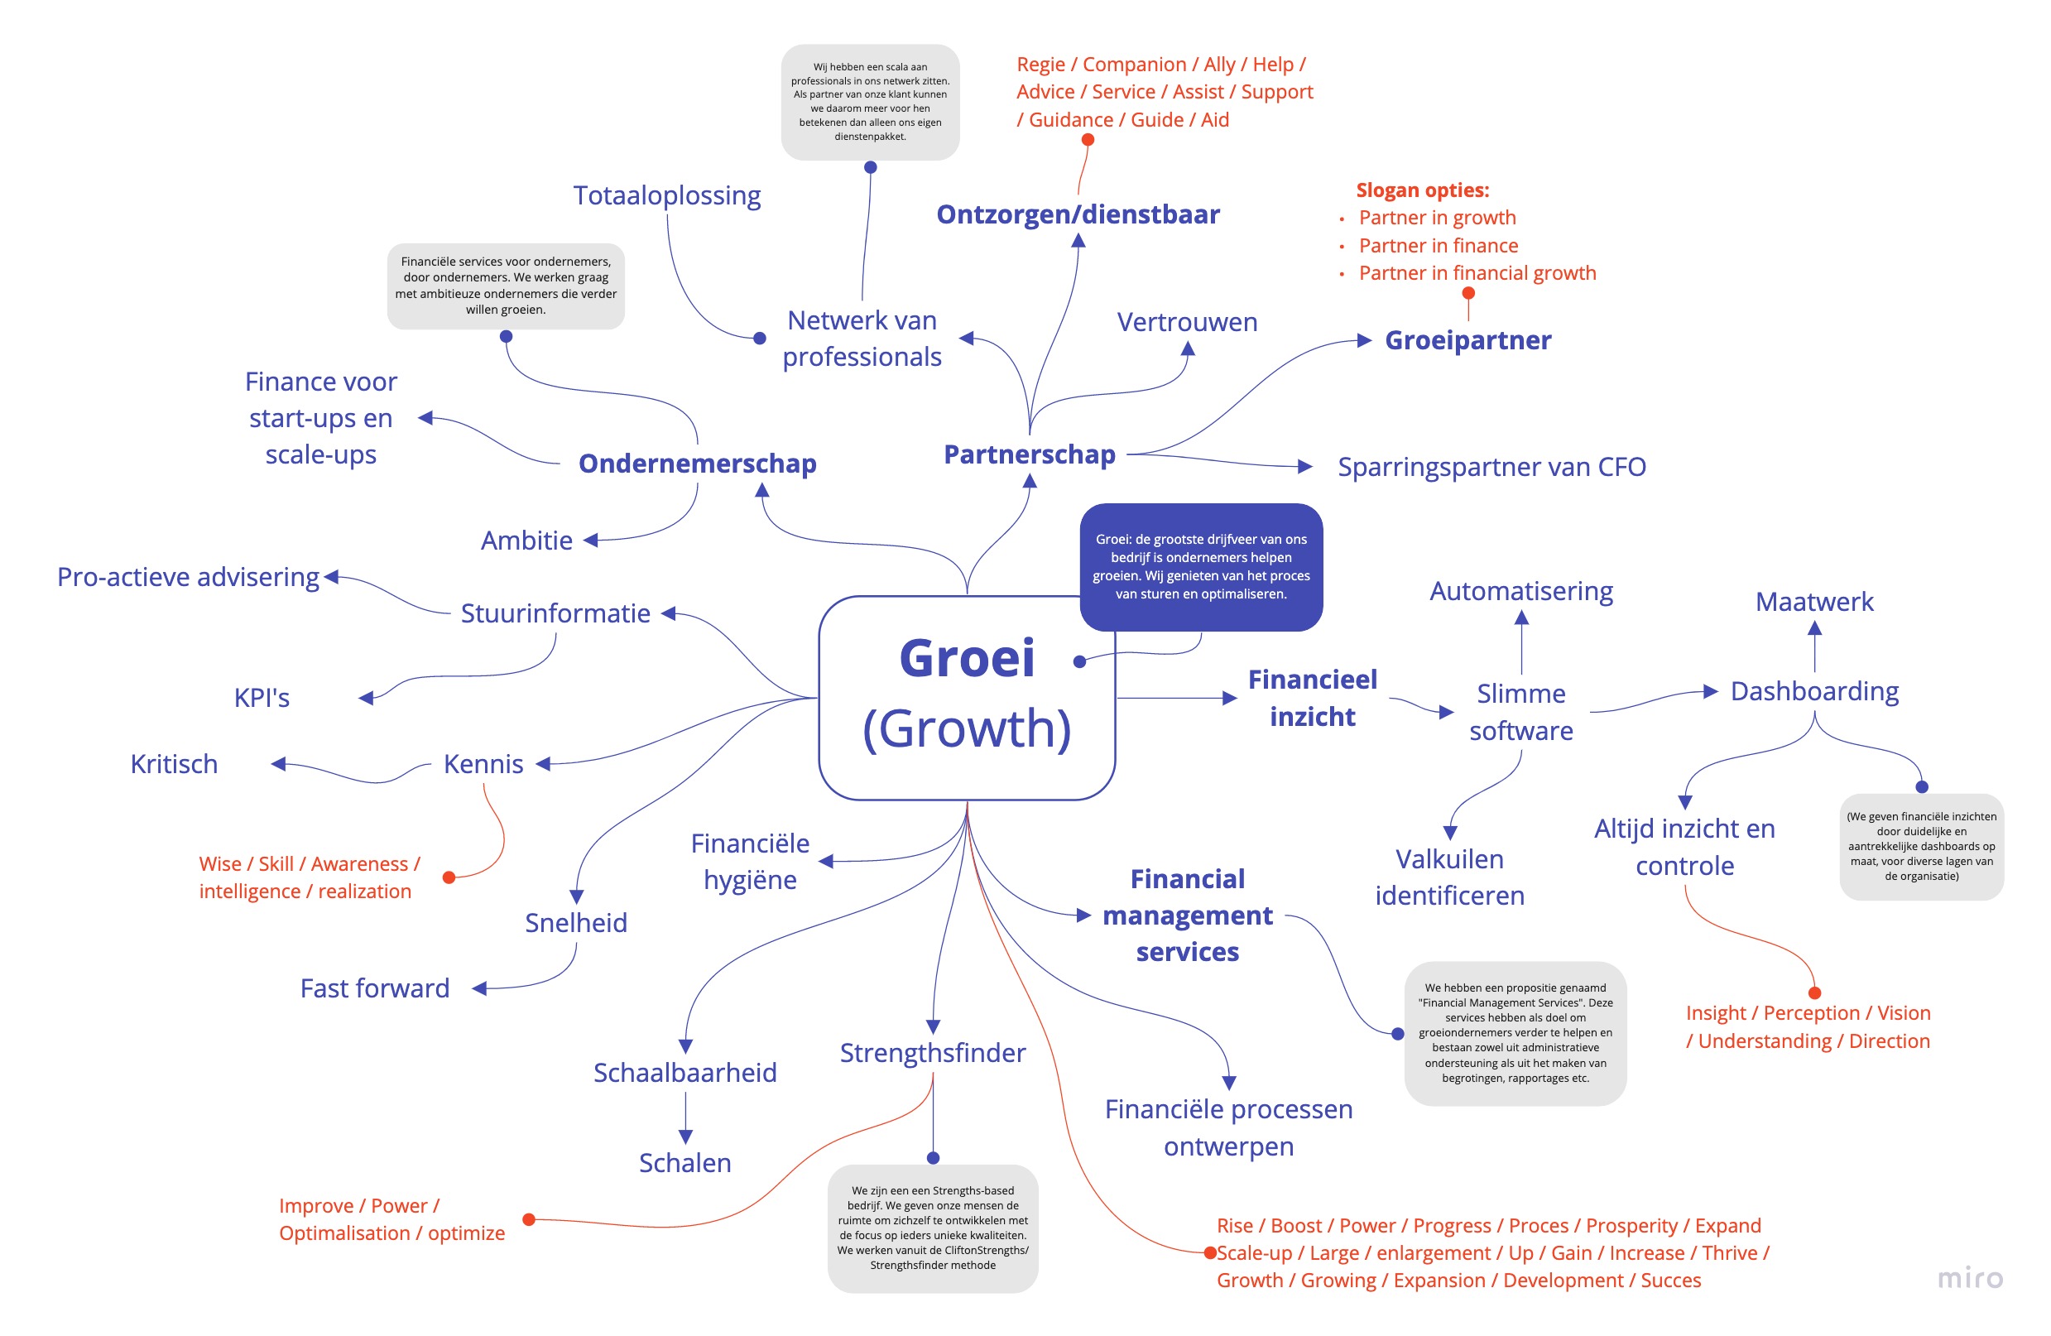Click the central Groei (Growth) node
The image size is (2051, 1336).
tap(966, 697)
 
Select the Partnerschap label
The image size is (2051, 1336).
tap(1029, 454)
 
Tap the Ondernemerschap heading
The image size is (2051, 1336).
tap(697, 464)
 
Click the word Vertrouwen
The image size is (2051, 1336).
tap(1187, 322)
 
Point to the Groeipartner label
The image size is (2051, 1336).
tap(1467, 340)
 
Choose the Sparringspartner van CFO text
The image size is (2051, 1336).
tap(1491, 467)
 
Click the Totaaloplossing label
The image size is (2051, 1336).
tap(667, 195)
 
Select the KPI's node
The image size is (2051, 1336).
tap(262, 697)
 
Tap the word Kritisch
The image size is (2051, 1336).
tap(174, 764)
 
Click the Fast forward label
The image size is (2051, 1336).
tap(375, 988)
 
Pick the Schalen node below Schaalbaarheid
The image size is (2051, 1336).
tap(685, 1163)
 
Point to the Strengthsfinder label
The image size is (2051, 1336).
tap(933, 1053)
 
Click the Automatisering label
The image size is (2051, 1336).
tap(1521, 591)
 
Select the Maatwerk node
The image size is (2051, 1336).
tap(1814, 602)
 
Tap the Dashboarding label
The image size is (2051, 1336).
tap(1814, 691)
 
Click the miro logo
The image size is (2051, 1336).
tap(1970, 1277)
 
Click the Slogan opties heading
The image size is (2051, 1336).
tap(1422, 190)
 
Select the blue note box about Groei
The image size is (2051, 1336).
tap(1200, 566)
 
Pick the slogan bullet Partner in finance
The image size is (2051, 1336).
tap(1439, 246)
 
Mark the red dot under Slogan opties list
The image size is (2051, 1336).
tap(1468, 293)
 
